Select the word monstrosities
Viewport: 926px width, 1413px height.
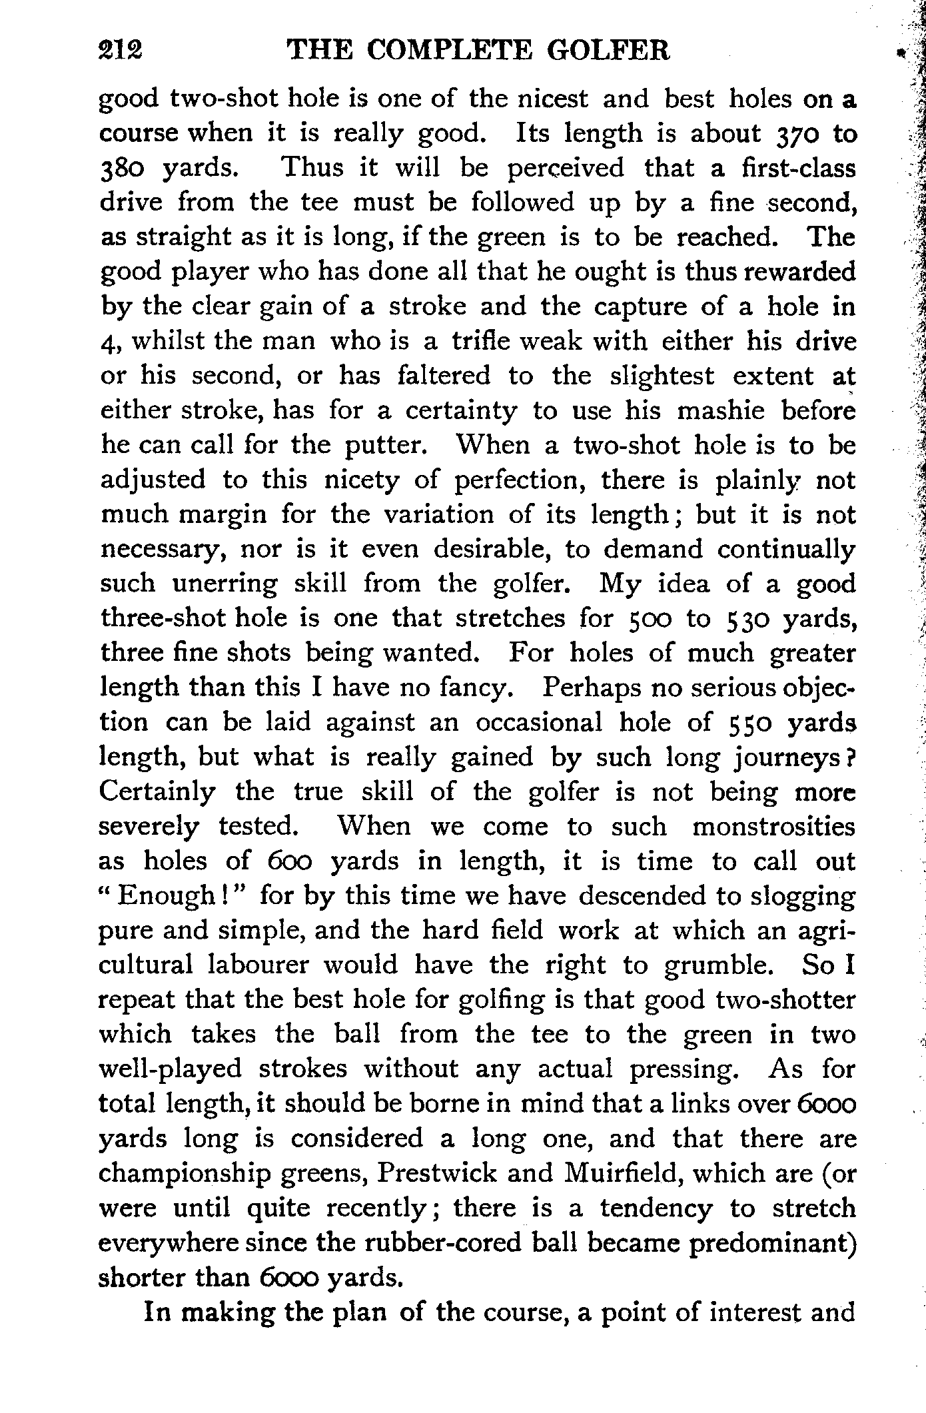pyautogui.click(x=773, y=827)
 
